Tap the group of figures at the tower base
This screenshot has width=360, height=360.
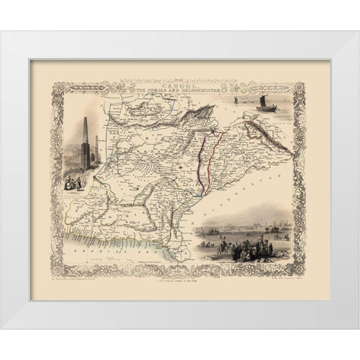click(x=73, y=181)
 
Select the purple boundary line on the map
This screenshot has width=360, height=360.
click(x=200, y=161)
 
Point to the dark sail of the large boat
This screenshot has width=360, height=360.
click(x=265, y=99)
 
